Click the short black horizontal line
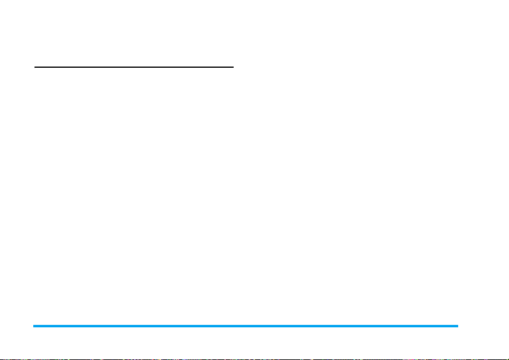tap(134, 67)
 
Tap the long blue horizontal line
tap(246, 326)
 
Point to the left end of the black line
tap(34, 67)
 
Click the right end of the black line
tap(233, 67)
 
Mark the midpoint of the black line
tap(134, 67)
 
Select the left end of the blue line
tap(34, 326)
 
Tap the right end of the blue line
tap(458, 326)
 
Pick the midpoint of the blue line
tap(246, 326)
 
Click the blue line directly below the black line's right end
tap(233, 326)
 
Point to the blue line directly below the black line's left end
tap(34, 326)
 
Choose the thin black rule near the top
tap(134, 67)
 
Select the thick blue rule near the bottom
tap(246, 326)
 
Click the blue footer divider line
tap(246, 326)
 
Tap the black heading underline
tap(134, 67)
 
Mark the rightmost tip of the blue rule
tap(458, 326)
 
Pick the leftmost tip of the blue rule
tap(34, 326)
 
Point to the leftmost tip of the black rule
tap(34, 67)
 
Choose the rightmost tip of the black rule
tap(233, 67)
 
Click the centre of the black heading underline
tap(134, 67)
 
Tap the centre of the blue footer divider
tap(246, 326)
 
